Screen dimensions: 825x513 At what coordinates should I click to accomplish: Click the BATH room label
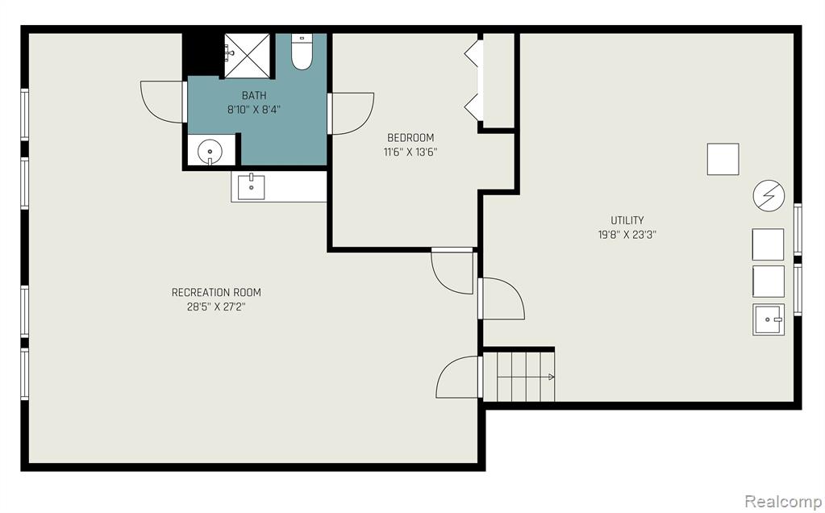click(x=253, y=96)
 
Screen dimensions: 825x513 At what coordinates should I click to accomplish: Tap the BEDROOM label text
click(x=410, y=138)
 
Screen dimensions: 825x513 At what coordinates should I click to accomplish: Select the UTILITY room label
click(x=627, y=220)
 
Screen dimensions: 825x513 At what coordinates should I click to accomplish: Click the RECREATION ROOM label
click(x=216, y=293)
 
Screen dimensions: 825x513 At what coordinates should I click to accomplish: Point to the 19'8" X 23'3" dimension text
click(x=627, y=235)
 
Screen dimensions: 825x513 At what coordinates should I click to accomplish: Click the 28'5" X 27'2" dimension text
click(x=216, y=307)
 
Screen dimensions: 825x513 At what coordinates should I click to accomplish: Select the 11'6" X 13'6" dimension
click(x=410, y=152)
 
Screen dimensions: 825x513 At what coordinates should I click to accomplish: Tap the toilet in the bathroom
click(x=302, y=52)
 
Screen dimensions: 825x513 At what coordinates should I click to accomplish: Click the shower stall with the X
click(x=248, y=56)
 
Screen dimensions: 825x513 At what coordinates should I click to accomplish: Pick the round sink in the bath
click(x=210, y=152)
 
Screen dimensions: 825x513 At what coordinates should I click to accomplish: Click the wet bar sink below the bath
click(x=251, y=187)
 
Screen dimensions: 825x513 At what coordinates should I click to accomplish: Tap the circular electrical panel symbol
click(x=769, y=196)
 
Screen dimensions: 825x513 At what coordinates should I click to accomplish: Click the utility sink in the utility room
click(x=769, y=319)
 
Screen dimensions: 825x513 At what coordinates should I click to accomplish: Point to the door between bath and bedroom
click(x=351, y=113)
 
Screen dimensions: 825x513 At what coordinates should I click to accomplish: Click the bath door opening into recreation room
click(x=164, y=102)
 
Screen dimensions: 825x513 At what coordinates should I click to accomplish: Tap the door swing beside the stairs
click(x=460, y=377)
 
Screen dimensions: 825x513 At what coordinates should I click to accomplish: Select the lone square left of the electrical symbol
click(x=723, y=160)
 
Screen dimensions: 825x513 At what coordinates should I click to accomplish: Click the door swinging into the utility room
click(x=502, y=298)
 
